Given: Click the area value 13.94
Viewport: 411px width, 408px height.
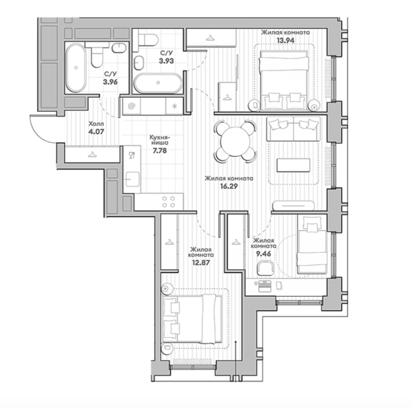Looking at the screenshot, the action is tap(285, 40).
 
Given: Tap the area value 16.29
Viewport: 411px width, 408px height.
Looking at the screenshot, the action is tap(229, 187).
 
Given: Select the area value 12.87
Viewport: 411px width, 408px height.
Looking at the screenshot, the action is tap(201, 262).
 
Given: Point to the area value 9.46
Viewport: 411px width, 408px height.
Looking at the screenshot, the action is tap(264, 254).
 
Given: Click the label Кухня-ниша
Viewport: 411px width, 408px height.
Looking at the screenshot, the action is tap(160, 140).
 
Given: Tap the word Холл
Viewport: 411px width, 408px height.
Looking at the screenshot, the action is tap(96, 124).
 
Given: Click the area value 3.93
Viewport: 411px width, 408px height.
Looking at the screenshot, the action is tap(166, 61).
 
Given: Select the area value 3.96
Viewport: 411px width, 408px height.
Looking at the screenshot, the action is tap(110, 82).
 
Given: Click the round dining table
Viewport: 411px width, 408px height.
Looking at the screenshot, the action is tap(235, 142).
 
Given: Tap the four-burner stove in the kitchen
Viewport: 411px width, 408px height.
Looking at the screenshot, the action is tap(168, 202).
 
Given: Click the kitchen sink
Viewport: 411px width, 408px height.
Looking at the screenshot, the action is tap(132, 179).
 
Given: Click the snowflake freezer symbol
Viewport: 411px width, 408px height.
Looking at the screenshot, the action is tap(174, 106).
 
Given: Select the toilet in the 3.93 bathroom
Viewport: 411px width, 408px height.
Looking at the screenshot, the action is tap(147, 40).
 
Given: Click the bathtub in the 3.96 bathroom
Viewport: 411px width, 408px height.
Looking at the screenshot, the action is tap(76, 68).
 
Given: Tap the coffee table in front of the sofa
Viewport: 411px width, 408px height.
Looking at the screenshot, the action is tap(293, 165).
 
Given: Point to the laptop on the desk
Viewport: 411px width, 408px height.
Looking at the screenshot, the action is tap(265, 286).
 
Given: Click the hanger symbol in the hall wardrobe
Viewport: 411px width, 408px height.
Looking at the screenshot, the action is tap(92, 155).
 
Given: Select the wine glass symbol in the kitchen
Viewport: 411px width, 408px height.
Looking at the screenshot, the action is tap(132, 155).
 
